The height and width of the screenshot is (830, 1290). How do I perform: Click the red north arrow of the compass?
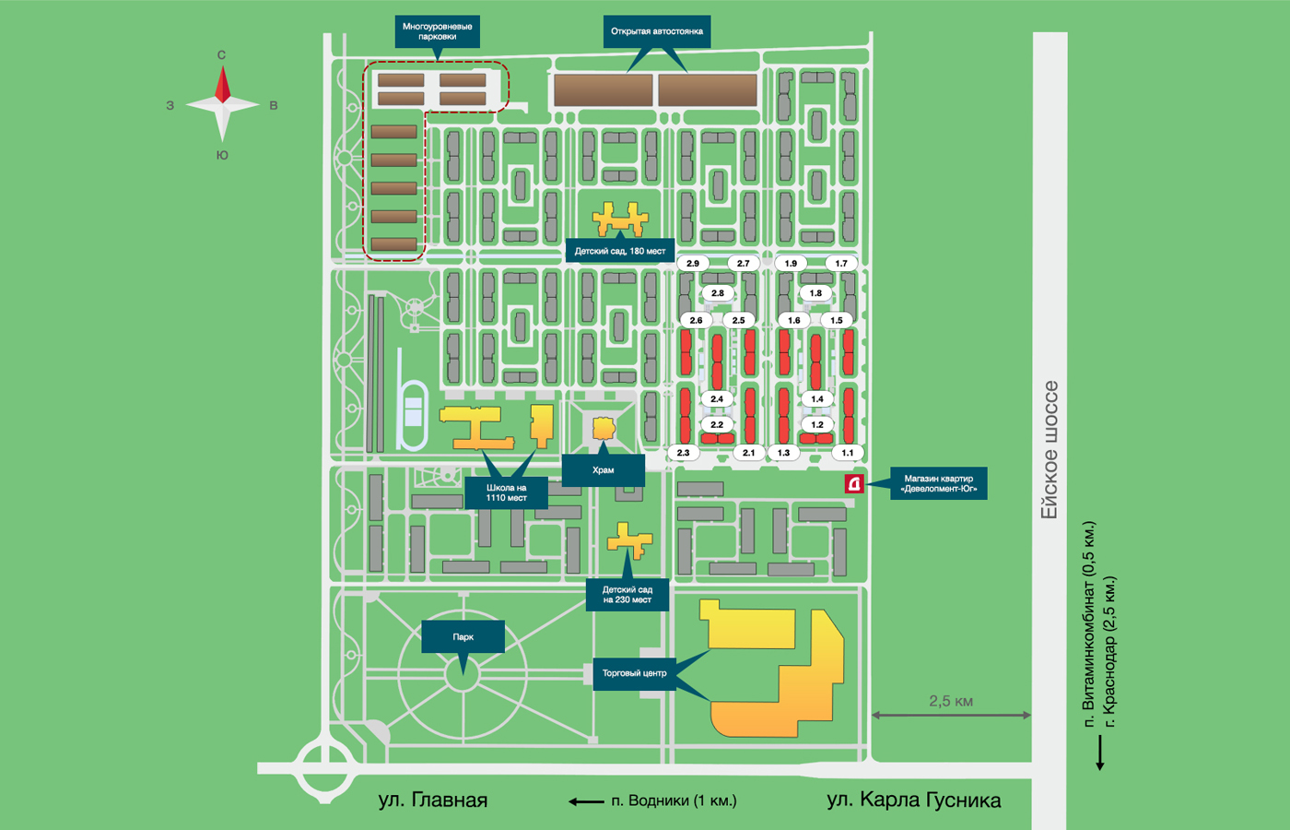[x=223, y=85]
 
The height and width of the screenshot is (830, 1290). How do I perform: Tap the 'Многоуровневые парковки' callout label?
[x=438, y=31]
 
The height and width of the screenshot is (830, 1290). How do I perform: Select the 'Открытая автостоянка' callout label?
[x=656, y=31]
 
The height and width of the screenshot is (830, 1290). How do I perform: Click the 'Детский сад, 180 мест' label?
[x=619, y=251]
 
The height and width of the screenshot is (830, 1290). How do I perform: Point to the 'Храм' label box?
[x=603, y=470]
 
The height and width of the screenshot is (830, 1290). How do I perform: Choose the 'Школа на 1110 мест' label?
[x=506, y=492]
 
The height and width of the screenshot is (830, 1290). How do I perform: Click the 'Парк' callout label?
[x=463, y=637]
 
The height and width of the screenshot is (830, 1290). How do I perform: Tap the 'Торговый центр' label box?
[x=634, y=673]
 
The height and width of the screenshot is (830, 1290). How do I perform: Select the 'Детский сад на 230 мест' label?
[x=627, y=595]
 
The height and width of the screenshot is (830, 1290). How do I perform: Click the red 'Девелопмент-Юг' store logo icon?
[x=854, y=483]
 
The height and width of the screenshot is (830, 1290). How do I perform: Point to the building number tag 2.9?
[x=693, y=264]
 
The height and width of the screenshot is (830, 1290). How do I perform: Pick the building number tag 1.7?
[x=841, y=264]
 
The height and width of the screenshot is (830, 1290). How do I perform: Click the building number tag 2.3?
[x=683, y=453]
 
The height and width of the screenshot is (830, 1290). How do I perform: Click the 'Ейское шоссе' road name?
[x=1050, y=449]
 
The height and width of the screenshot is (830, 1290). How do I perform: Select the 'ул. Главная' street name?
[x=432, y=800]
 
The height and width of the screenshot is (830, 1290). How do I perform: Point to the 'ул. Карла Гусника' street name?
[x=913, y=800]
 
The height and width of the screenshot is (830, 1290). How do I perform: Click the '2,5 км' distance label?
[x=951, y=701]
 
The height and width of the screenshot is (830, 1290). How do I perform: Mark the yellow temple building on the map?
[x=604, y=428]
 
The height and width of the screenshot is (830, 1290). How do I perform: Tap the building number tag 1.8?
[x=815, y=293]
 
